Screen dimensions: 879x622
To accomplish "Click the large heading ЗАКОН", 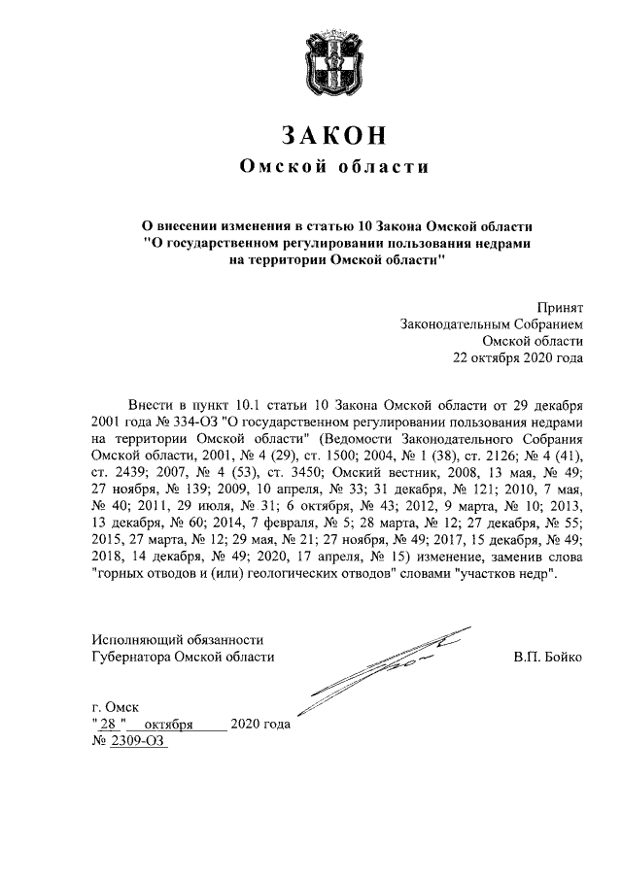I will (311, 133).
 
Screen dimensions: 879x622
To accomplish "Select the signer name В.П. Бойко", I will (548, 657).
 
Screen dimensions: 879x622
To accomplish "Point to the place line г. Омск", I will (115, 708).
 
